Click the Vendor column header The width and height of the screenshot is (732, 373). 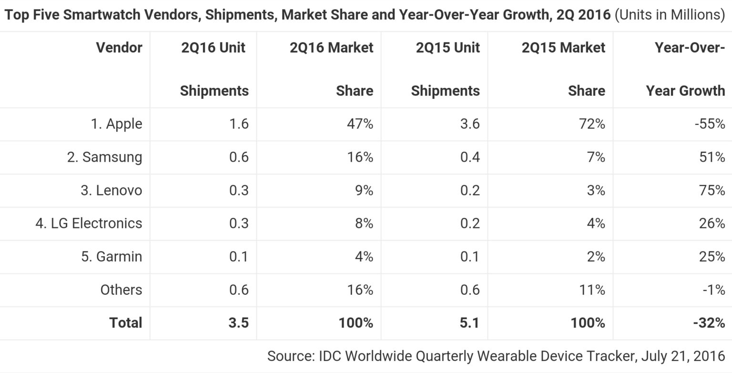pos(119,48)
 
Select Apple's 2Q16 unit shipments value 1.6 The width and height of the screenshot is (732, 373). pos(238,124)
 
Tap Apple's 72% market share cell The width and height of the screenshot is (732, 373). pos(591,124)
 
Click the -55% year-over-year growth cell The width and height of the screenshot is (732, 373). pos(710,124)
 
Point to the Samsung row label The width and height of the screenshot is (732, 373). pos(104,157)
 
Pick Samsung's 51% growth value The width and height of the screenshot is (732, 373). pos(712,157)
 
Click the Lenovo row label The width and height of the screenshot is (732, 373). pos(111,190)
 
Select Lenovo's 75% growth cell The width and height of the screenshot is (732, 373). pos(712,190)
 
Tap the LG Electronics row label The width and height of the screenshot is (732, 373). pos(89,223)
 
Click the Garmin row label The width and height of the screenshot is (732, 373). pos(112,257)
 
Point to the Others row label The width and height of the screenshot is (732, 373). pos(121,290)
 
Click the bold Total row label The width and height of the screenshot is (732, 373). pos(126,323)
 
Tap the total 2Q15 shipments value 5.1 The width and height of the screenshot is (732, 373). pos(469,323)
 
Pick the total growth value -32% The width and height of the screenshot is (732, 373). pos(709,323)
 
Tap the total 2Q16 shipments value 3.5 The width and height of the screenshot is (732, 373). pos(238,323)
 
